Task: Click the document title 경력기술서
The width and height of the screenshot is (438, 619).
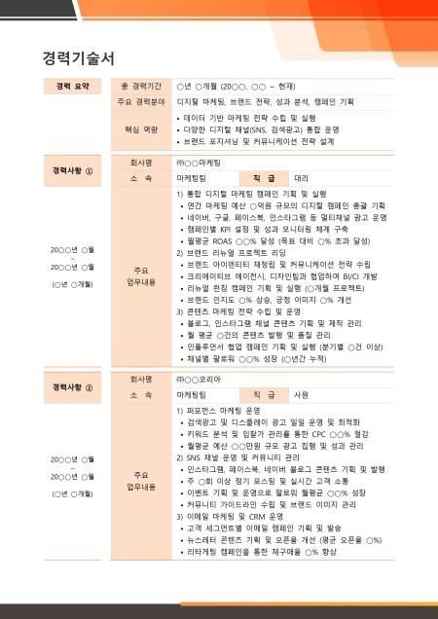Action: [79, 57]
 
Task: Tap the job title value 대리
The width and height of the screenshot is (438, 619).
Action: [302, 179]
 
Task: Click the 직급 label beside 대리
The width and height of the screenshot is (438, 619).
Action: [264, 179]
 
